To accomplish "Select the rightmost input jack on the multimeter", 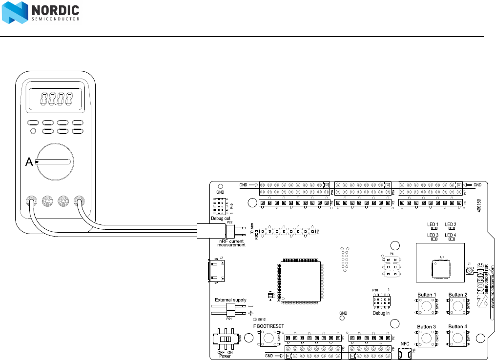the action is point(78,200).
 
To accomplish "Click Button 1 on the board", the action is point(427,306).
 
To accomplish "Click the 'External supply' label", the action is point(230,300).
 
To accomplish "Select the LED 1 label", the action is point(433,224).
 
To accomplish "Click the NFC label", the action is point(405,343).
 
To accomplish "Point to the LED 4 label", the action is point(450,235).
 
